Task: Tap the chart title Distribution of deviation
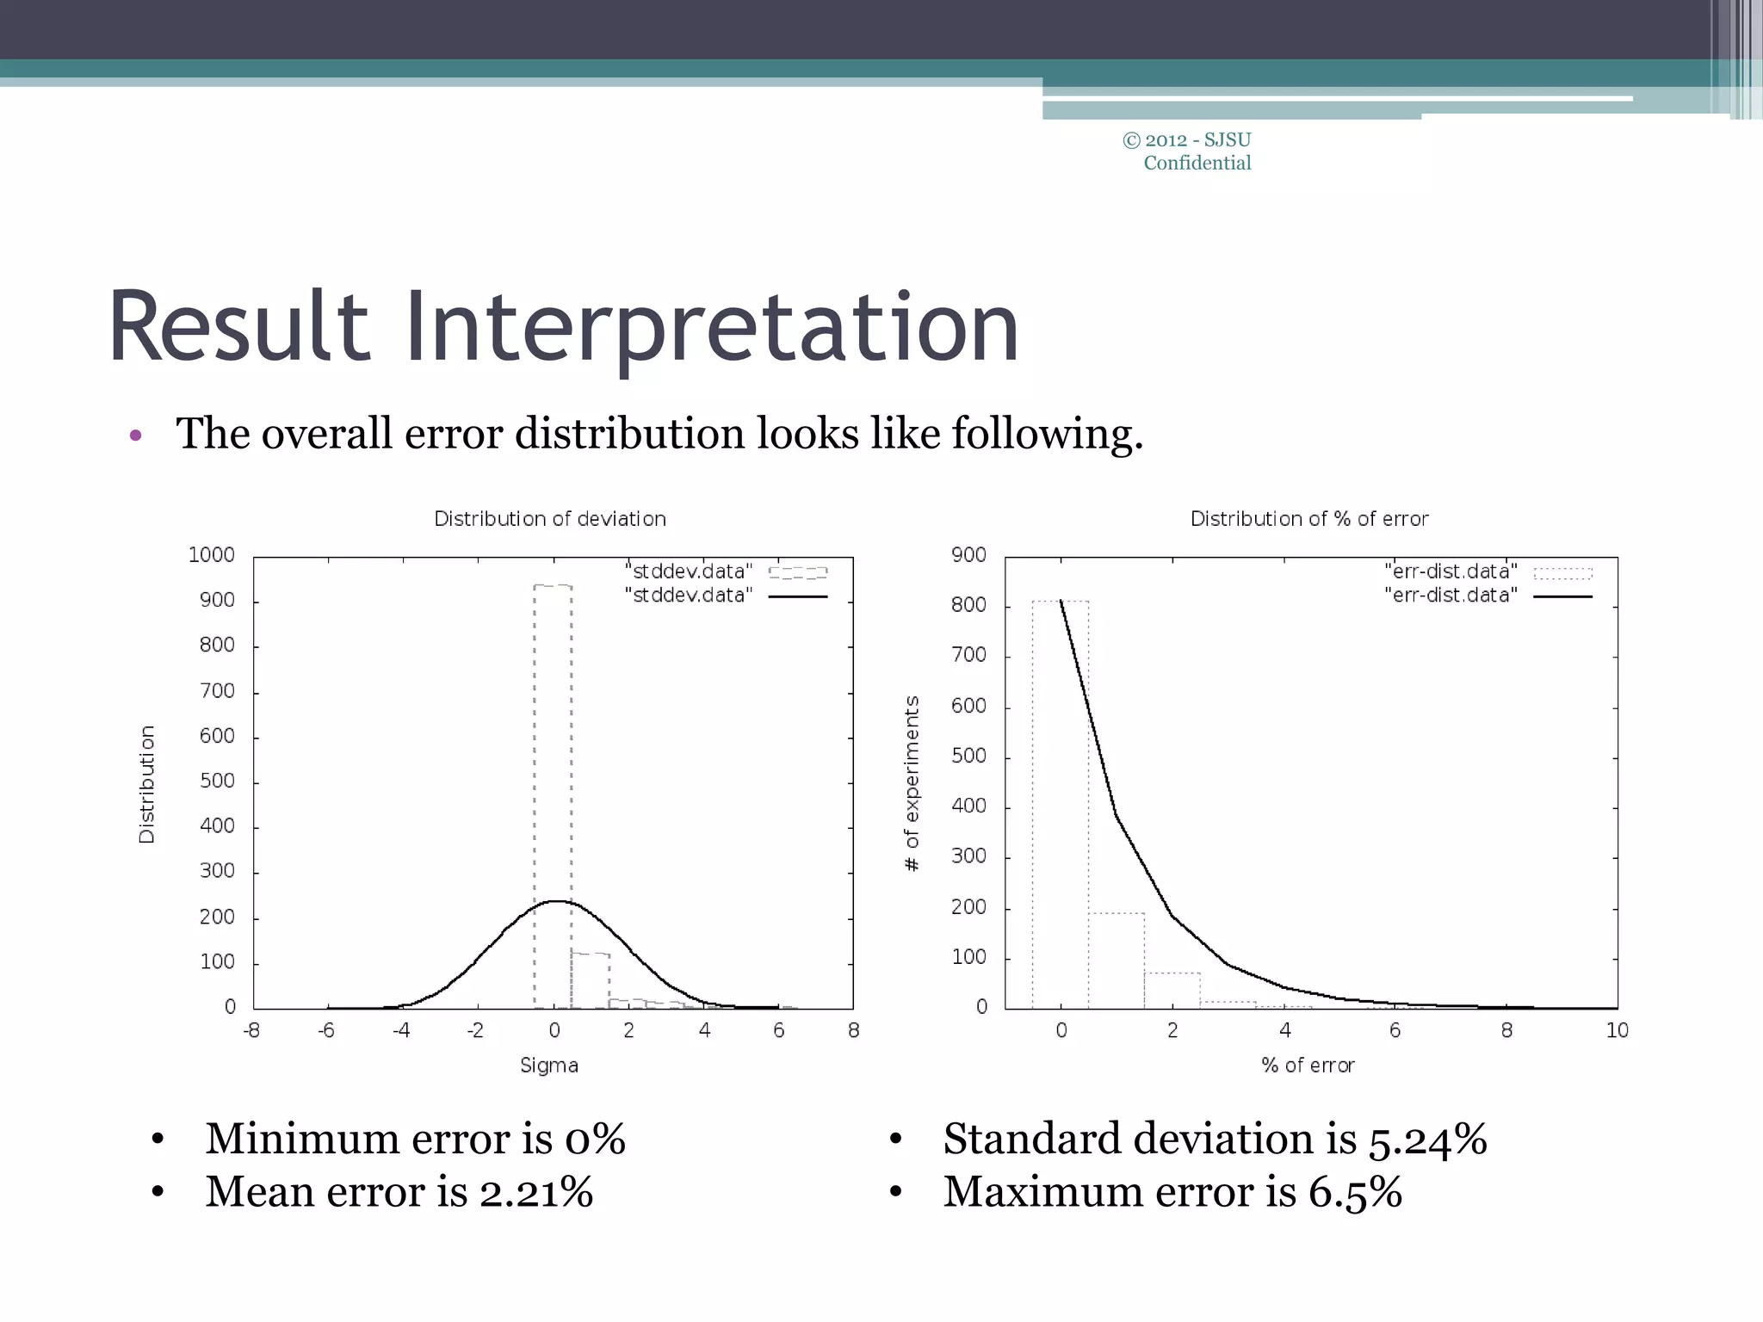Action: [549, 519]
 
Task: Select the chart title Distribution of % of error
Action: [1308, 519]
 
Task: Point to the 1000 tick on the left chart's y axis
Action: [211, 555]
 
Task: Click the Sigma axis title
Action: [549, 1066]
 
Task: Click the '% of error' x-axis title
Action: [1308, 1066]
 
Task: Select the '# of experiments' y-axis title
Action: [912, 783]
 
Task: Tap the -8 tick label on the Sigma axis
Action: [251, 1030]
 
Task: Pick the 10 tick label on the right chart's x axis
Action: [1617, 1030]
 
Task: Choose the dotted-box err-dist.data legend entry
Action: [1487, 571]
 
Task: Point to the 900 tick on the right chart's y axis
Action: [968, 555]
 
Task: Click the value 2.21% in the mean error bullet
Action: [535, 1192]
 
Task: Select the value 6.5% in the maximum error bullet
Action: [1355, 1192]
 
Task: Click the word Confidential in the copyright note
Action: [1197, 164]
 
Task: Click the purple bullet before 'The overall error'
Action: [135, 436]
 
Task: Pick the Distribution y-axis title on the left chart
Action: [147, 783]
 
